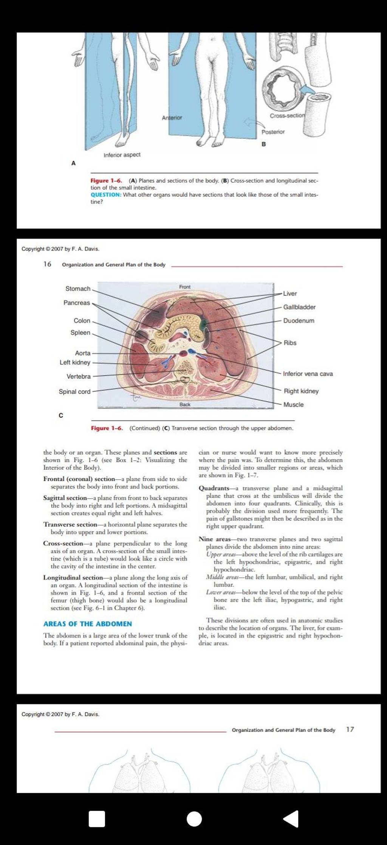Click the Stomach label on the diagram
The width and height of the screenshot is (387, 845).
(x=78, y=289)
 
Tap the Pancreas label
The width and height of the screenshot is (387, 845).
(x=77, y=303)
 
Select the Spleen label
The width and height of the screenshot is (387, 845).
(x=80, y=332)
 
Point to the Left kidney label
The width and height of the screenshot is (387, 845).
(x=75, y=362)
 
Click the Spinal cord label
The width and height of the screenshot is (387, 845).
(x=74, y=391)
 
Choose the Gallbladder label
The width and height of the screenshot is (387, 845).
(x=299, y=307)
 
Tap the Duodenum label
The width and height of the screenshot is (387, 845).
(x=299, y=321)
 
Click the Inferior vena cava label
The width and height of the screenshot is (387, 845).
(x=308, y=374)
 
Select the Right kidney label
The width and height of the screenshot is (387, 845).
(x=301, y=391)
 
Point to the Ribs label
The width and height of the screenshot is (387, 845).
(x=290, y=343)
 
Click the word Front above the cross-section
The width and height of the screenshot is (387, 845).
(x=185, y=287)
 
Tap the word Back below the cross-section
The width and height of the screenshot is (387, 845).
(x=185, y=404)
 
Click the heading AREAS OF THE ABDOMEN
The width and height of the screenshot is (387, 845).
(x=88, y=624)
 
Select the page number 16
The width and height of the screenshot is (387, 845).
(x=47, y=264)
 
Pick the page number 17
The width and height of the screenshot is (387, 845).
(x=350, y=729)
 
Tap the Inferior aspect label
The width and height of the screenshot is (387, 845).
(x=122, y=155)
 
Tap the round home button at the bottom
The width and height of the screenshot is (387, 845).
(x=194, y=819)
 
